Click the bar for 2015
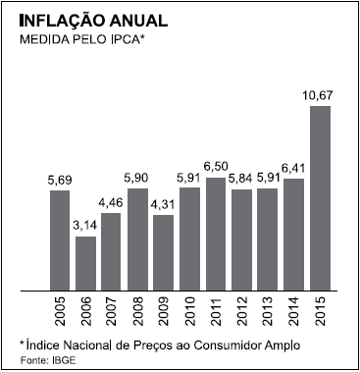coord(320,198)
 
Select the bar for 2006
coord(85,263)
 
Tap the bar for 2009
coord(164,252)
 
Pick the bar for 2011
coord(216,234)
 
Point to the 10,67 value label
coord(319,95)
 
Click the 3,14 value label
coord(84,226)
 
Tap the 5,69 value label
coord(60,180)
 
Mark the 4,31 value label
coord(163,204)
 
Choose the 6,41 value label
coord(293,168)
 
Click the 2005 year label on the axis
coord(60,311)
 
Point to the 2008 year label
coord(138,311)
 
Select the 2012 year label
coord(242,311)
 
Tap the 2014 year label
coord(294,311)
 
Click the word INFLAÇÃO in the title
coord(62,21)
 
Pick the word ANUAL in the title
coord(139,21)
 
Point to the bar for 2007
coord(111,251)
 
